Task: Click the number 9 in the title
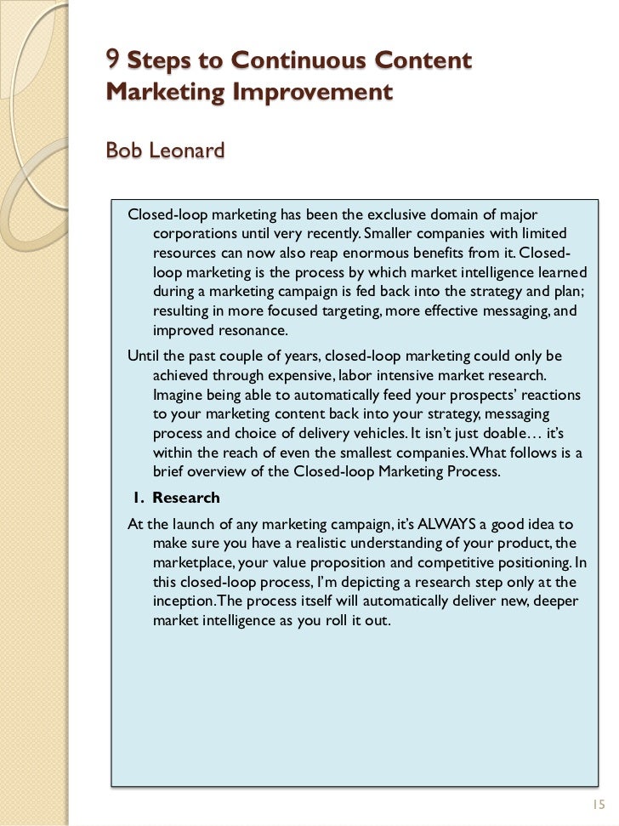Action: pyautogui.click(x=112, y=60)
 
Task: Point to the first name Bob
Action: pyautogui.click(x=123, y=151)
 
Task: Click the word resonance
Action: pyautogui.click(x=253, y=331)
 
